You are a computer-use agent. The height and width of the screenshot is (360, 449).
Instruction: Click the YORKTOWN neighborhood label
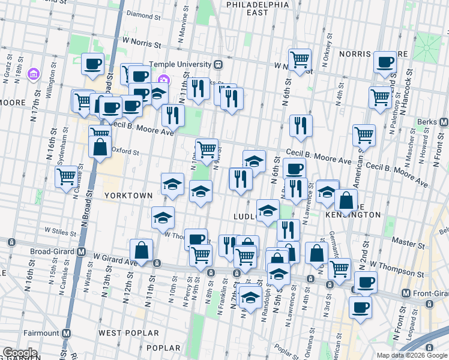click(x=128, y=196)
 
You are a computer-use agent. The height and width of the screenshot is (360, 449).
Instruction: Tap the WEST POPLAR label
click(x=128, y=333)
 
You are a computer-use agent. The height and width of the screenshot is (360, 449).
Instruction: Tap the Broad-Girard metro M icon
click(x=80, y=253)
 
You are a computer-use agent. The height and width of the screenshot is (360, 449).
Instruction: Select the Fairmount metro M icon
click(x=67, y=333)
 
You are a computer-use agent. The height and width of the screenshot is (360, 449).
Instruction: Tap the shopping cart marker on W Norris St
click(x=300, y=59)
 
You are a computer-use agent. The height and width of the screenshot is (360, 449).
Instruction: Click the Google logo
click(x=20, y=353)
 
